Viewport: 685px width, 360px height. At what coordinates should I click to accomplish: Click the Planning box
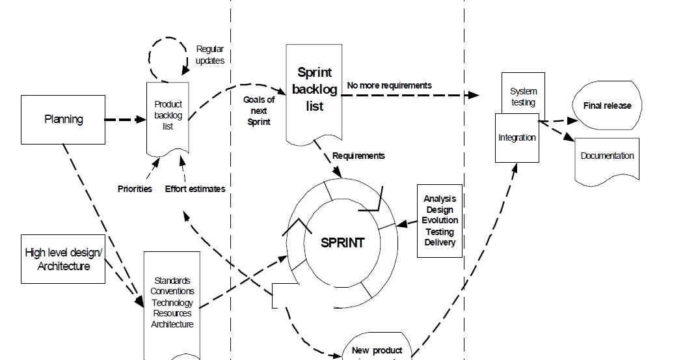pos(64,120)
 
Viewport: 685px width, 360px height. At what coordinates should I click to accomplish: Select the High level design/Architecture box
pos(63,259)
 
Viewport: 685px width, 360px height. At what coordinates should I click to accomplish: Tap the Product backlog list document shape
pos(168,117)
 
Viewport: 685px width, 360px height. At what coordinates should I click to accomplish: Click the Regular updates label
pos(210,55)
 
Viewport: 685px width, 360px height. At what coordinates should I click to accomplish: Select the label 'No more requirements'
pos(389,85)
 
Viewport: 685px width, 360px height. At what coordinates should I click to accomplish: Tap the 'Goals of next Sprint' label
pos(259,111)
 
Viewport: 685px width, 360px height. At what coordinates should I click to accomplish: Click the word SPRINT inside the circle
pos(343,243)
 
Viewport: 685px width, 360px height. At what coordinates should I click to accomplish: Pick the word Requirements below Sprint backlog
pos(358,156)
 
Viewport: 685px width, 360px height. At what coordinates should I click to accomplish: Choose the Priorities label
pos(135,189)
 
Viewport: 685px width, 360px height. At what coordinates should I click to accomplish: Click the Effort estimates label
pos(195,189)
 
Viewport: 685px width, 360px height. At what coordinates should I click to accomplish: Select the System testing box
pos(523,96)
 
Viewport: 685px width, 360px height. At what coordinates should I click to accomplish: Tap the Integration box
pos(517,138)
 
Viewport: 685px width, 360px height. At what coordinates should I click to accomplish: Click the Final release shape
pos(606,105)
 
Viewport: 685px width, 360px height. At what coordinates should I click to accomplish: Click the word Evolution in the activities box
pos(440,221)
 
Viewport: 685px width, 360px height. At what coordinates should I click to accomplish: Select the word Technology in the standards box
pos(172,302)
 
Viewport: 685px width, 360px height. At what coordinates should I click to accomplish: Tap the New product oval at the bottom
pos(377,348)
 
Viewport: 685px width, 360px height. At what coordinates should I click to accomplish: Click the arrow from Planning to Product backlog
pos(124,120)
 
